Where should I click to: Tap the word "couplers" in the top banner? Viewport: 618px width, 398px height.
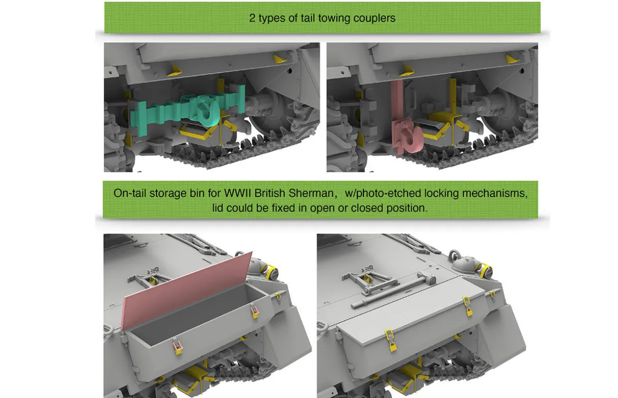coord(374,18)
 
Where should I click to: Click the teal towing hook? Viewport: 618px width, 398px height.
coord(207,111)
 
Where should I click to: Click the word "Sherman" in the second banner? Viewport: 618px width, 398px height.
coord(311,193)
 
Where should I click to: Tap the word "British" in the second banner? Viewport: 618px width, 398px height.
coord(270,193)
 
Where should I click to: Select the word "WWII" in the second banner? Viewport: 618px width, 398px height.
coord(237,193)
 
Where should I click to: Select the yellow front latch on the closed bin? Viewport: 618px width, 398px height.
coord(390,340)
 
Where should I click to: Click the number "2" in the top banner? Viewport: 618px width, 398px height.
coord(252,18)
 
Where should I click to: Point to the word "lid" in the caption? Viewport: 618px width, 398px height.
coord(217,208)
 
